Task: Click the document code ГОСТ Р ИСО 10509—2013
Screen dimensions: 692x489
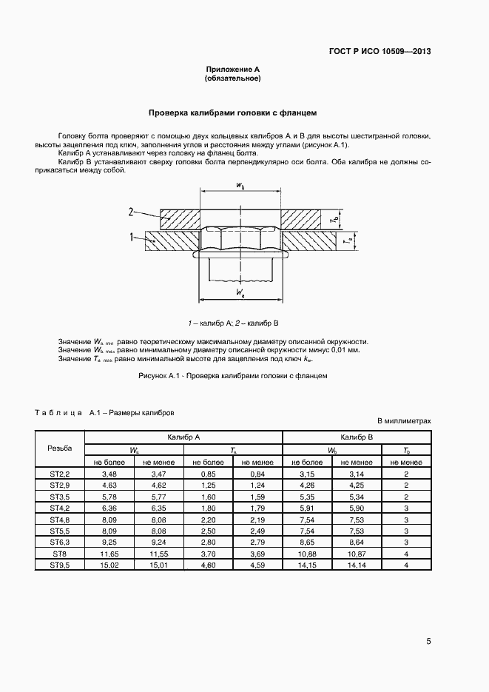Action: click(x=380, y=52)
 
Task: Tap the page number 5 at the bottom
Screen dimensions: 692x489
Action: click(x=428, y=641)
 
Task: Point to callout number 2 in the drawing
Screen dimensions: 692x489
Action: click(x=130, y=212)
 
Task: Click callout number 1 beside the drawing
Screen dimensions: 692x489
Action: click(x=130, y=238)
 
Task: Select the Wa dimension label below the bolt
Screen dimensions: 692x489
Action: click(x=240, y=294)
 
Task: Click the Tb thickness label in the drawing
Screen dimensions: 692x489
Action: click(x=334, y=220)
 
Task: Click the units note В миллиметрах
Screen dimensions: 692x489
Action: click(x=404, y=420)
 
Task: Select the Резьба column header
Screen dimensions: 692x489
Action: click(x=60, y=449)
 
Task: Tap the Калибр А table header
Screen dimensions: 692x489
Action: click(x=183, y=437)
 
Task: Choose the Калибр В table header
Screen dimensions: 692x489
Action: click(x=357, y=437)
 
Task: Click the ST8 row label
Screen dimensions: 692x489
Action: click(x=60, y=554)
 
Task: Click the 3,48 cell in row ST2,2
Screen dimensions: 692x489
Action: click(x=109, y=473)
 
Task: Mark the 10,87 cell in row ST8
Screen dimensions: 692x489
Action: click(x=357, y=554)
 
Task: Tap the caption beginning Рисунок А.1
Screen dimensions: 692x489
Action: click(x=232, y=376)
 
